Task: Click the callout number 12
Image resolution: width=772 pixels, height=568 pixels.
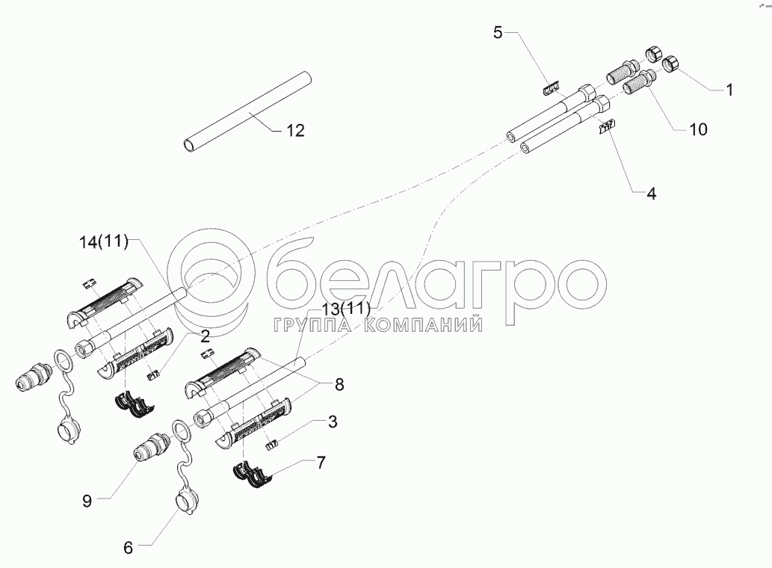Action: click(295, 131)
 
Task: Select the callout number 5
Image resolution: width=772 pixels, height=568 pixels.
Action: click(498, 33)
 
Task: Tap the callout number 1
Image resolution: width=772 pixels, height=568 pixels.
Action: click(729, 90)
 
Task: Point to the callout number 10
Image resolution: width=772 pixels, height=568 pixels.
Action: click(698, 129)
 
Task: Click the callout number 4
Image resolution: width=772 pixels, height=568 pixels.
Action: click(651, 194)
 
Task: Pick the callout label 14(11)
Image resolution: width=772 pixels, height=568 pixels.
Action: click(104, 242)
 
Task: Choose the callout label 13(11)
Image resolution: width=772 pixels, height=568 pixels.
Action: click(345, 309)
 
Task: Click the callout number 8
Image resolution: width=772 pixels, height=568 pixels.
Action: click(339, 384)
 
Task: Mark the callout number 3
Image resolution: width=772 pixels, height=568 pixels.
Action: click(333, 422)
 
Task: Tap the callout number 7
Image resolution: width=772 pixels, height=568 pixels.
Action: click(321, 463)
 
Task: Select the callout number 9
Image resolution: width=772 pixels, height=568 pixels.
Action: click(87, 501)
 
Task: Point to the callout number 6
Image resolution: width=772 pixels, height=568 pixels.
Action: click(128, 548)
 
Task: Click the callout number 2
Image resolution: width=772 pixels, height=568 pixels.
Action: click(205, 336)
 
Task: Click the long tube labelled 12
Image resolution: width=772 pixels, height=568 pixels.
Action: click(247, 111)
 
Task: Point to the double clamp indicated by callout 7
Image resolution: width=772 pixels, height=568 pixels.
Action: click(253, 475)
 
